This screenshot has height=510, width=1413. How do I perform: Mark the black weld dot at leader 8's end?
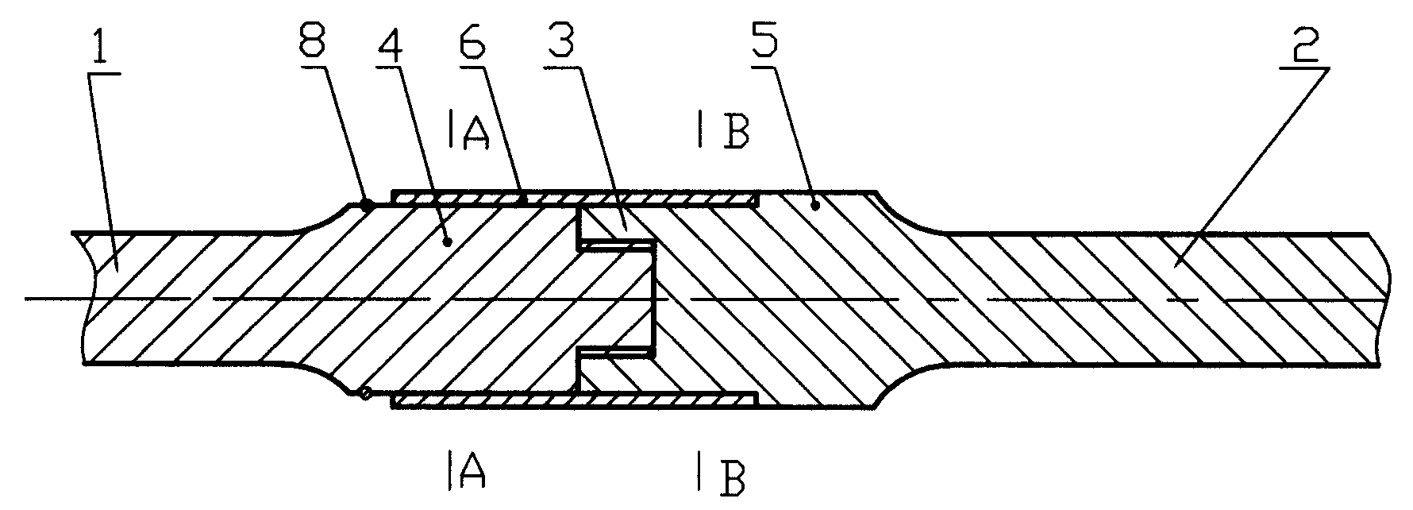pos(366,205)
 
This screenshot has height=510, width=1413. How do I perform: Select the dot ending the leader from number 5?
pos(816,206)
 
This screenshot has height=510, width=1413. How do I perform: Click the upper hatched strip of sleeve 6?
pos(575,198)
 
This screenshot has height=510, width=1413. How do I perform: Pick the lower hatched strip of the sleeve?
pos(575,400)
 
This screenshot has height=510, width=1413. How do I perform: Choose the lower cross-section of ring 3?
pos(617,373)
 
